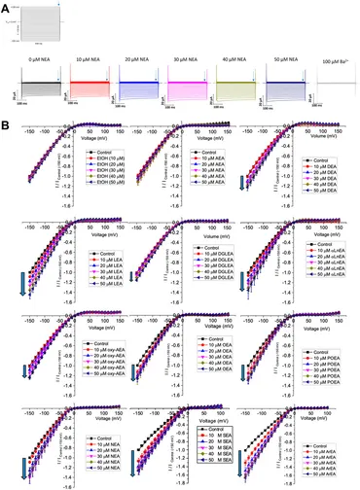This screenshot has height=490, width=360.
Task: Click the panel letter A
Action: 5,6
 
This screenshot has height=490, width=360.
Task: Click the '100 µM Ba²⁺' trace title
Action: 337,62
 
